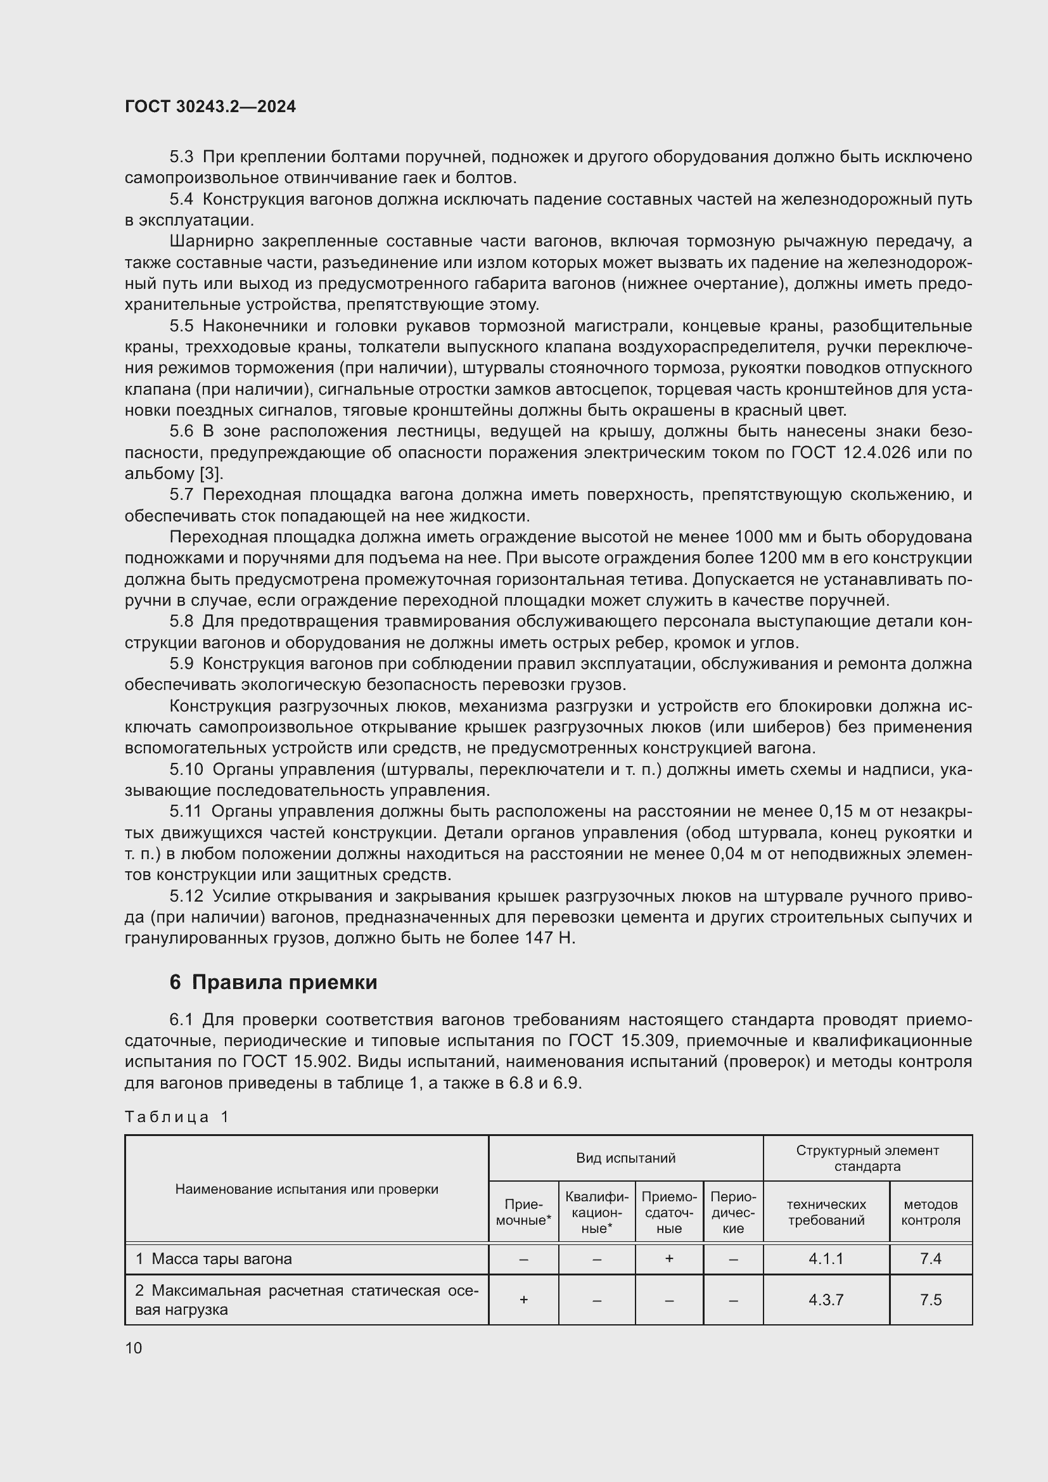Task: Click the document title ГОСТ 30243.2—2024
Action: (x=210, y=107)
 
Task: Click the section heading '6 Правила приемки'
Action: (x=273, y=983)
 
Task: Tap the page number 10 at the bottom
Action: (x=134, y=1348)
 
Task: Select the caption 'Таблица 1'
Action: (x=177, y=1117)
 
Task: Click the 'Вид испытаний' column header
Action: (x=625, y=1158)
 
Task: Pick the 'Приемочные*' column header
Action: (x=523, y=1212)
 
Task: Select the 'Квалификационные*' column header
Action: (x=596, y=1212)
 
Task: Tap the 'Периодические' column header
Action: (x=733, y=1212)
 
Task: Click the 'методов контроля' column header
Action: (x=931, y=1212)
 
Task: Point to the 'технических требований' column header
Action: (x=826, y=1212)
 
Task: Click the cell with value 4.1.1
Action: (x=826, y=1259)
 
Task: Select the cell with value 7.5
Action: (x=931, y=1300)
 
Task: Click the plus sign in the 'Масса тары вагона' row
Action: (x=669, y=1259)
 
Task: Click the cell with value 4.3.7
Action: (x=826, y=1300)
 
